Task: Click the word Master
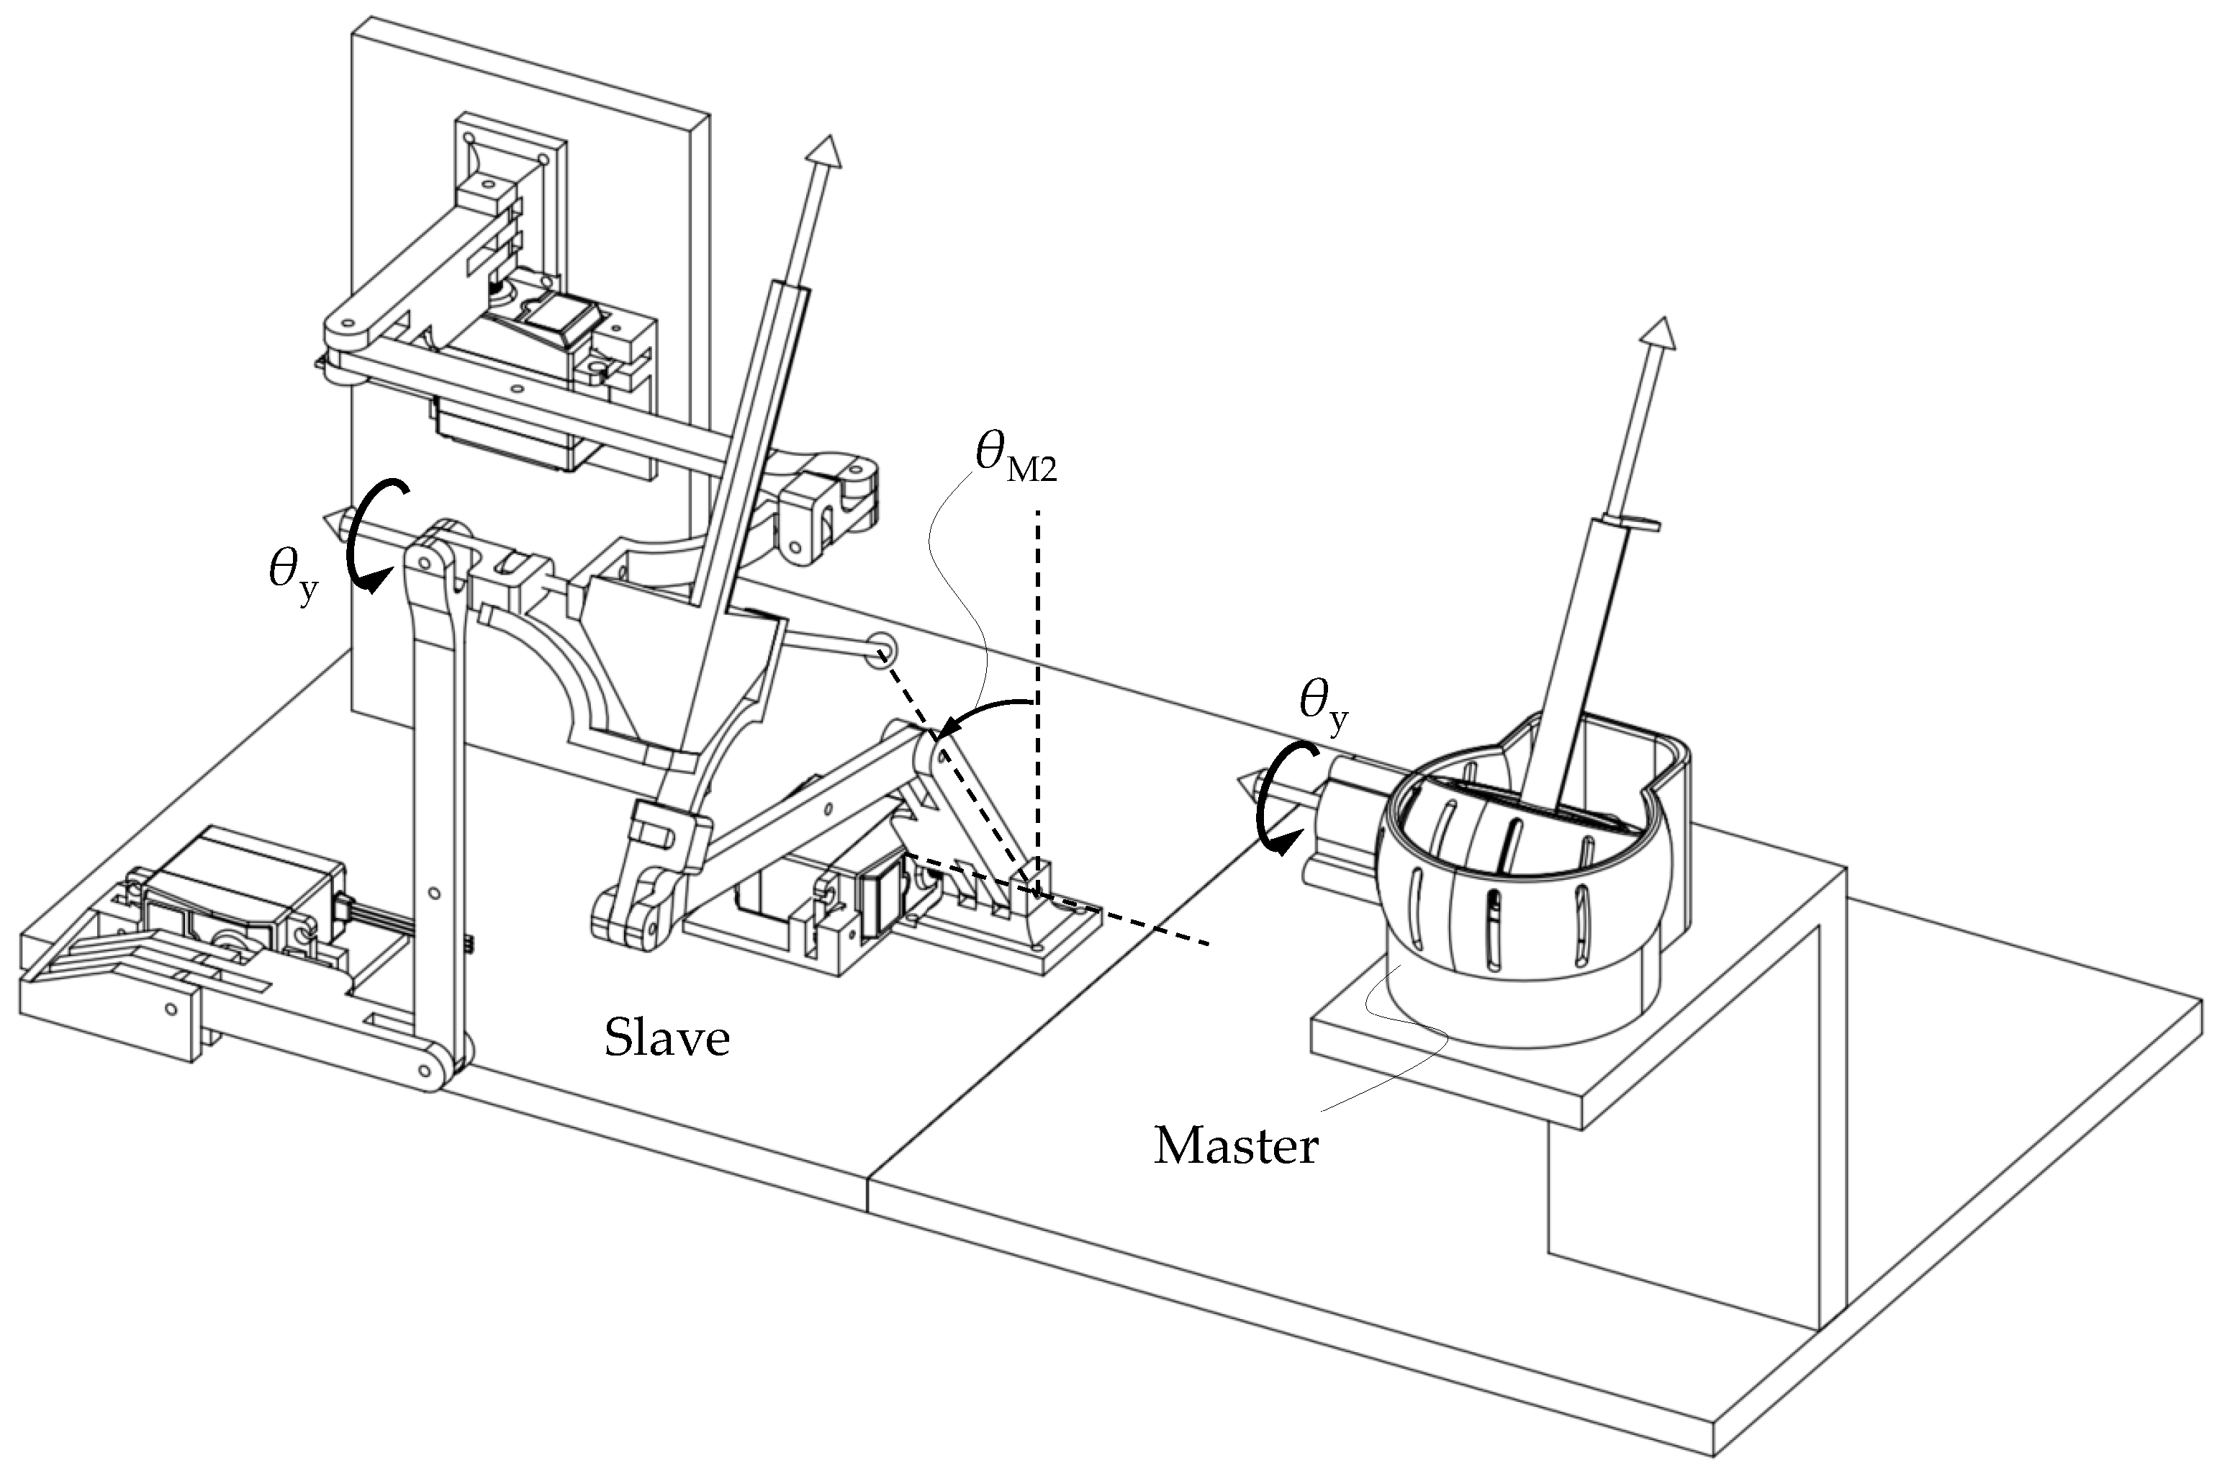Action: pyautogui.click(x=1235, y=1146)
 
